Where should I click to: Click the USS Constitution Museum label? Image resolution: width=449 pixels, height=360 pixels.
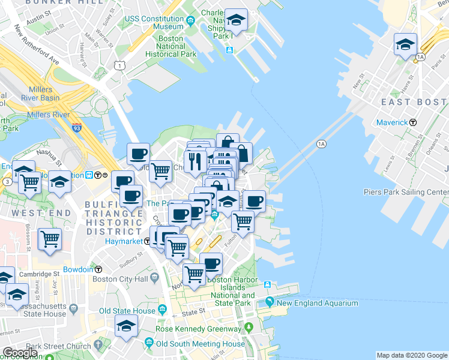(x=154, y=22)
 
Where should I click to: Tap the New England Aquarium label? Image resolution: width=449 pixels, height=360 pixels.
(x=317, y=303)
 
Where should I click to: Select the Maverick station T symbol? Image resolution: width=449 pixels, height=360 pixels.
(x=413, y=122)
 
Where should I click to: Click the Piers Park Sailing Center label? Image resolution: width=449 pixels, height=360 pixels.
(x=406, y=192)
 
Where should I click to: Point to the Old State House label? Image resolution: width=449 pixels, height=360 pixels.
(x=127, y=310)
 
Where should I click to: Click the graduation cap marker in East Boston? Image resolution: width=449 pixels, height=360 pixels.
(x=405, y=44)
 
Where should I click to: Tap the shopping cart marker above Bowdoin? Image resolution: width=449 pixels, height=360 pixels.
(x=50, y=239)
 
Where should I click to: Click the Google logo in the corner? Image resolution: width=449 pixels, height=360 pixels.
(x=19, y=353)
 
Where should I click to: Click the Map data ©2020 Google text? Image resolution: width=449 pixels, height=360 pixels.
(x=411, y=355)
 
